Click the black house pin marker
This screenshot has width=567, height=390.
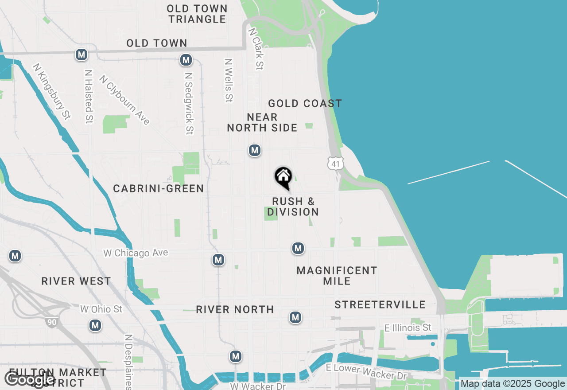pyautogui.click(x=283, y=177)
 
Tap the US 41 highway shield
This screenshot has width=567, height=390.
pyautogui.click(x=336, y=164)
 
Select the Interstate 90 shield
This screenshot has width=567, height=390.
pyautogui.click(x=52, y=322)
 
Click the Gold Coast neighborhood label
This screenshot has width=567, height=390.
pyautogui.click(x=305, y=103)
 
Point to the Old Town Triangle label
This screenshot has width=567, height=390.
pyautogui.click(x=198, y=14)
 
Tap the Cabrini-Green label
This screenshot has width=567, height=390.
pyautogui.click(x=159, y=188)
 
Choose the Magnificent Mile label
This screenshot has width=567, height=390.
pyautogui.click(x=337, y=276)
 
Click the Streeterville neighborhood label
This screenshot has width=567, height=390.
pyautogui.click(x=380, y=304)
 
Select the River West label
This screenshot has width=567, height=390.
pyautogui.click(x=76, y=281)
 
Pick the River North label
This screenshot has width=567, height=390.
pyautogui.click(x=235, y=309)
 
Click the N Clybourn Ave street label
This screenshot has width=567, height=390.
pyautogui.click(x=124, y=100)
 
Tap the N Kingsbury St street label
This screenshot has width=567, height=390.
pyautogui.click(x=51, y=91)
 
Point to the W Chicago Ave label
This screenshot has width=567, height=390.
pyautogui.click(x=136, y=253)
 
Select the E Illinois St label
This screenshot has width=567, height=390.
pyautogui.click(x=408, y=328)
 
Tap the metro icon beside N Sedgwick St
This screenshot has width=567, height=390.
pyautogui.click(x=186, y=60)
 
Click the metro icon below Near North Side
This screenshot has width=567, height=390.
pyautogui.click(x=254, y=151)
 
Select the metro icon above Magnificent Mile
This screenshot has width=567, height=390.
pyautogui.click(x=298, y=248)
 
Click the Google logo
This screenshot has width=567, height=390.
pyautogui.click(x=30, y=379)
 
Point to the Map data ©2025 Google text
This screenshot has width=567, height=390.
pyautogui.click(x=513, y=384)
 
